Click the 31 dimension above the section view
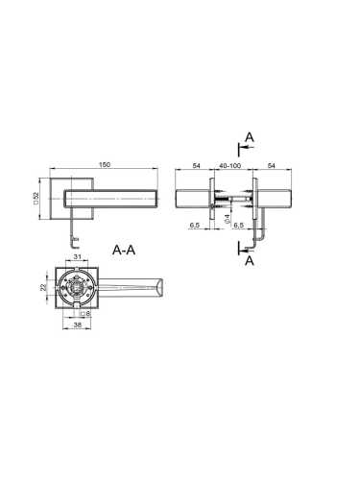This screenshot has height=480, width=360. coord(77,256)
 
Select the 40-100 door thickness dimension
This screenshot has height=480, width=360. coord(230,165)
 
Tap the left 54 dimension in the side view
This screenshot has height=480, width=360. coord(196,165)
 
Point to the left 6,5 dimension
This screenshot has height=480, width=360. coord(195,226)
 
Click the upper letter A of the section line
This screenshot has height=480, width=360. coord(249,138)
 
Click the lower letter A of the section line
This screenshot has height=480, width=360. coord(249,259)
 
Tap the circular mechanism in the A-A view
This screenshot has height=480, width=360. coord(77,286)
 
